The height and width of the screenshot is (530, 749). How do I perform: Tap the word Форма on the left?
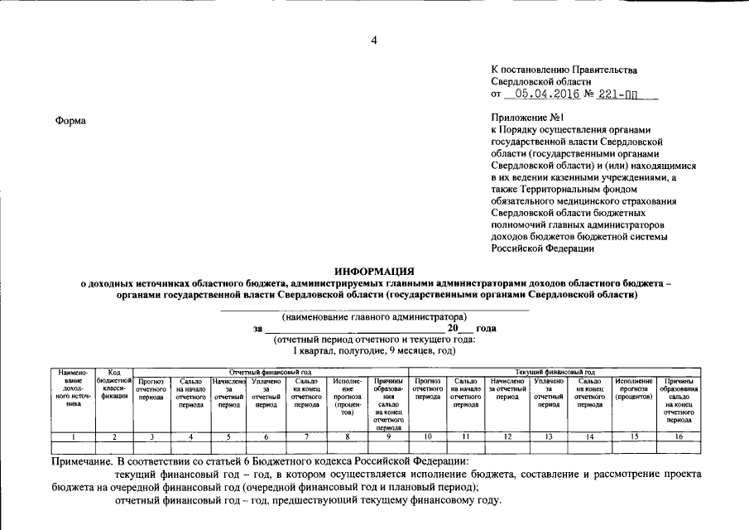(x=70, y=121)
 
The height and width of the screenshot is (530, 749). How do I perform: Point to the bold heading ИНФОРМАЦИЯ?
(x=374, y=272)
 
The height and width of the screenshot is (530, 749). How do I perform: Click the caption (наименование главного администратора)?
(x=374, y=316)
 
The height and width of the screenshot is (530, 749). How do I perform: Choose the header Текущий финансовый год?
(x=555, y=373)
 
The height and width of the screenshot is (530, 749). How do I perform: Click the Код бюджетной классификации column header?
(x=114, y=388)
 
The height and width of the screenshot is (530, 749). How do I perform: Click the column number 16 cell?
(x=678, y=436)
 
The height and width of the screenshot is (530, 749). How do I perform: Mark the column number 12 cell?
(x=507, y=436)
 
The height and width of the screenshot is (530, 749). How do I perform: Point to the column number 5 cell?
(x=228, y=436)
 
